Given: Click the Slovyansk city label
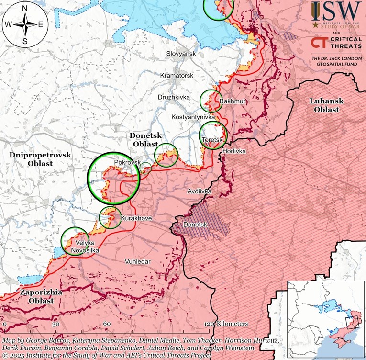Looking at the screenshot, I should click(181, 54).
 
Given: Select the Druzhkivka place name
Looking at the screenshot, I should click(174, 97).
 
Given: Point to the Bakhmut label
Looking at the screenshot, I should click(233, 101).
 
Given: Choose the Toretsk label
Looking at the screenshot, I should click(213, 139).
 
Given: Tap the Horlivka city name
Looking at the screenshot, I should click(233, 151).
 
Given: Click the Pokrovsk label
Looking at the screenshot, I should click(128, 163).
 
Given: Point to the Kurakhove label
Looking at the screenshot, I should click(136, 218).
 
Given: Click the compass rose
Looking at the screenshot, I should click(25, 24).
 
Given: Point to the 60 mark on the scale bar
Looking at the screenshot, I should click(108, 324).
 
